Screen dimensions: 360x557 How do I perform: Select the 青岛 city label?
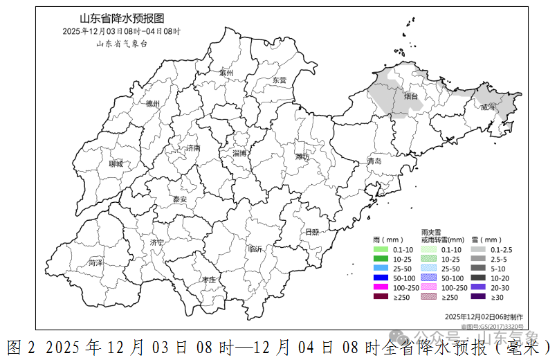tap(374, 161)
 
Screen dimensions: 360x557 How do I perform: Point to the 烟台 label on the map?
tap(411, 96)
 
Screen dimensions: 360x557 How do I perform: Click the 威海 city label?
tap(488, 107)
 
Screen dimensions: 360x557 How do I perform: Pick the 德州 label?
tap(153, 104)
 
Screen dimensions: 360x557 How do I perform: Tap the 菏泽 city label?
tap(95, 263)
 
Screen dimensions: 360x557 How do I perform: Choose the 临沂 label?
tap(255, 249)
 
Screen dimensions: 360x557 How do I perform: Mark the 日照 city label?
tap(312, 233)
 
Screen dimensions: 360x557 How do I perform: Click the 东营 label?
tap(279, 80)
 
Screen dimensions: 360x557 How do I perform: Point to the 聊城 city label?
tap(116, 164)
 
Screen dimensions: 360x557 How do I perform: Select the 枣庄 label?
tap(209, 279)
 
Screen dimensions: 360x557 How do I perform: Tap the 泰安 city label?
tap(180, 199)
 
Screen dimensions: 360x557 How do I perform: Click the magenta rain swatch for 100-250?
tap(381, 287)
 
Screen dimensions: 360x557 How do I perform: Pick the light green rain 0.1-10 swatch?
tap(381, 249)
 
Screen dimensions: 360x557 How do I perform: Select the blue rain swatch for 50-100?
tap(381, 278)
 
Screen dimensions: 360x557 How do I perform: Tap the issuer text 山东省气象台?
tap(122, 44)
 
